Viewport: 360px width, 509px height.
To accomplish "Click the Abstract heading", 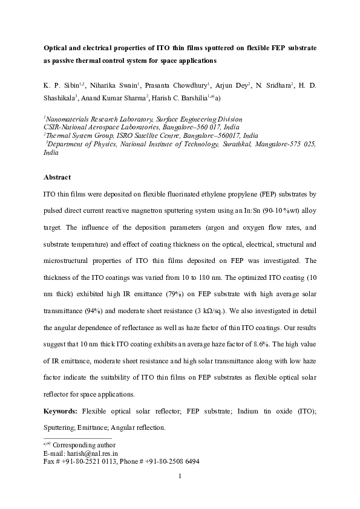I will coord(57,178).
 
